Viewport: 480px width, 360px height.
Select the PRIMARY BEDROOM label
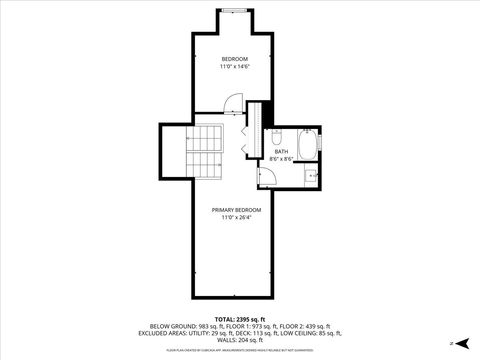click(x=229, y=209)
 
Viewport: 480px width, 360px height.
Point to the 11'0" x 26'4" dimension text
click(x=229, y=217)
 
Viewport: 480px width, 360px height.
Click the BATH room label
click(x=281, y=151)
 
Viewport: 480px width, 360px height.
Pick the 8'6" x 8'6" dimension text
click(x=281, y=159)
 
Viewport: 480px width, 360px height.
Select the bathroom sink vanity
click(x=312, y=177)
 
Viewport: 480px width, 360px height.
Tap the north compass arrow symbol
click(x=452, y=343)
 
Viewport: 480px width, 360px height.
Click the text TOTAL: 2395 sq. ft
click(x=240, y=317)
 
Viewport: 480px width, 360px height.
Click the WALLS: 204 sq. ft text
click(x=240, y=341)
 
